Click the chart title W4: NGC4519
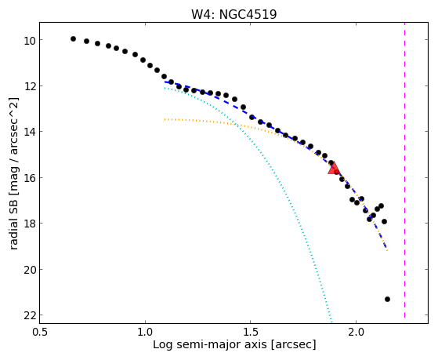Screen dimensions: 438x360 coord(233,14)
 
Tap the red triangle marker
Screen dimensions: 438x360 coord(334,168)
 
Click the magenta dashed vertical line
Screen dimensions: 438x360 coord(404,170)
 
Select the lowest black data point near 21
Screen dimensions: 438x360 coord(387,299)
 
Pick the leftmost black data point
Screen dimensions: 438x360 coord(73,38)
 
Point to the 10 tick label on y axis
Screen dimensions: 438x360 coord(29,42)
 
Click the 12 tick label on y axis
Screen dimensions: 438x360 coord(29,87)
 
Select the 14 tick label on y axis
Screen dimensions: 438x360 coord(29,133)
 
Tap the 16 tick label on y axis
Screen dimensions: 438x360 coord(29,179)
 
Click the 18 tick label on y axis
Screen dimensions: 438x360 coord(29,225)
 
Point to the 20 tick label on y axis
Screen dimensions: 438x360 coord(29,271)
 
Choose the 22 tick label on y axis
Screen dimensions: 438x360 coord(29,317)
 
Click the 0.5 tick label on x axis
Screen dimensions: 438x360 coord(40,333)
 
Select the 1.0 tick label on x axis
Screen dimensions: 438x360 coord(145,333)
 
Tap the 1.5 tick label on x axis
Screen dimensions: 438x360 coord(251,333)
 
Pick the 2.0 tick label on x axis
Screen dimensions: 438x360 coord(356,333)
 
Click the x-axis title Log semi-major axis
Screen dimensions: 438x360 coord(210,344)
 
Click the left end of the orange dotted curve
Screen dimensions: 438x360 coord(165,119)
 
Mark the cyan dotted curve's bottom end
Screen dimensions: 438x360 coord(331,322)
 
